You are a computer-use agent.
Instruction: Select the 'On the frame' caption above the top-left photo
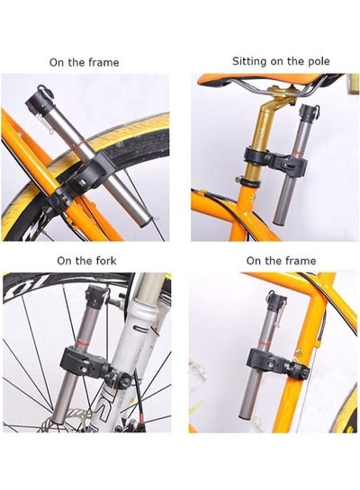pos(84,62)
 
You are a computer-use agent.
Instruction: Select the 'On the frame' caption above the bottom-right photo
pos(281,261)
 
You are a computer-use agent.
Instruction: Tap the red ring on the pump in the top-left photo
pos(80,145)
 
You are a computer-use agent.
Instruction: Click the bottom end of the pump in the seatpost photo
pos(279,221)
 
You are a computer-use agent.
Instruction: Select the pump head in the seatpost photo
pos(309,112)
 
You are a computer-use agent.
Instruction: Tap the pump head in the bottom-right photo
pos(277,301)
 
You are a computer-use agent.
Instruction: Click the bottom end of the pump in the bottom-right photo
pos(245,415)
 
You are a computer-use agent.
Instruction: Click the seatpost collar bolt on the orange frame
pos(238,180)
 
